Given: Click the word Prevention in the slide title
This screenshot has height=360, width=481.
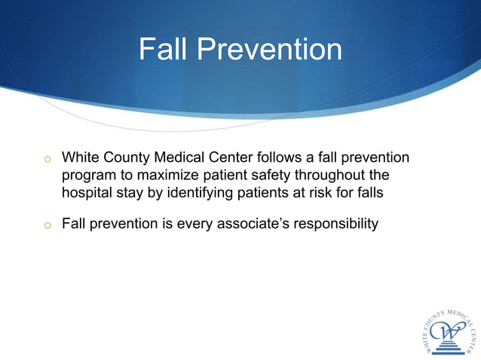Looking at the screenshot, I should [x=269, y=50].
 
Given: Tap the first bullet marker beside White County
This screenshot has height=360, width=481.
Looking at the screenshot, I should [x=47, y=160].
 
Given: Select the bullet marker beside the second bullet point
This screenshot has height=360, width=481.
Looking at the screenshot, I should [x=47, y=225].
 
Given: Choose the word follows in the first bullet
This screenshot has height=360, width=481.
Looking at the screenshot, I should [x=280, y=158].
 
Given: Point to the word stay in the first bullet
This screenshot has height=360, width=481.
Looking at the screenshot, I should [x=132, y=193].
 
